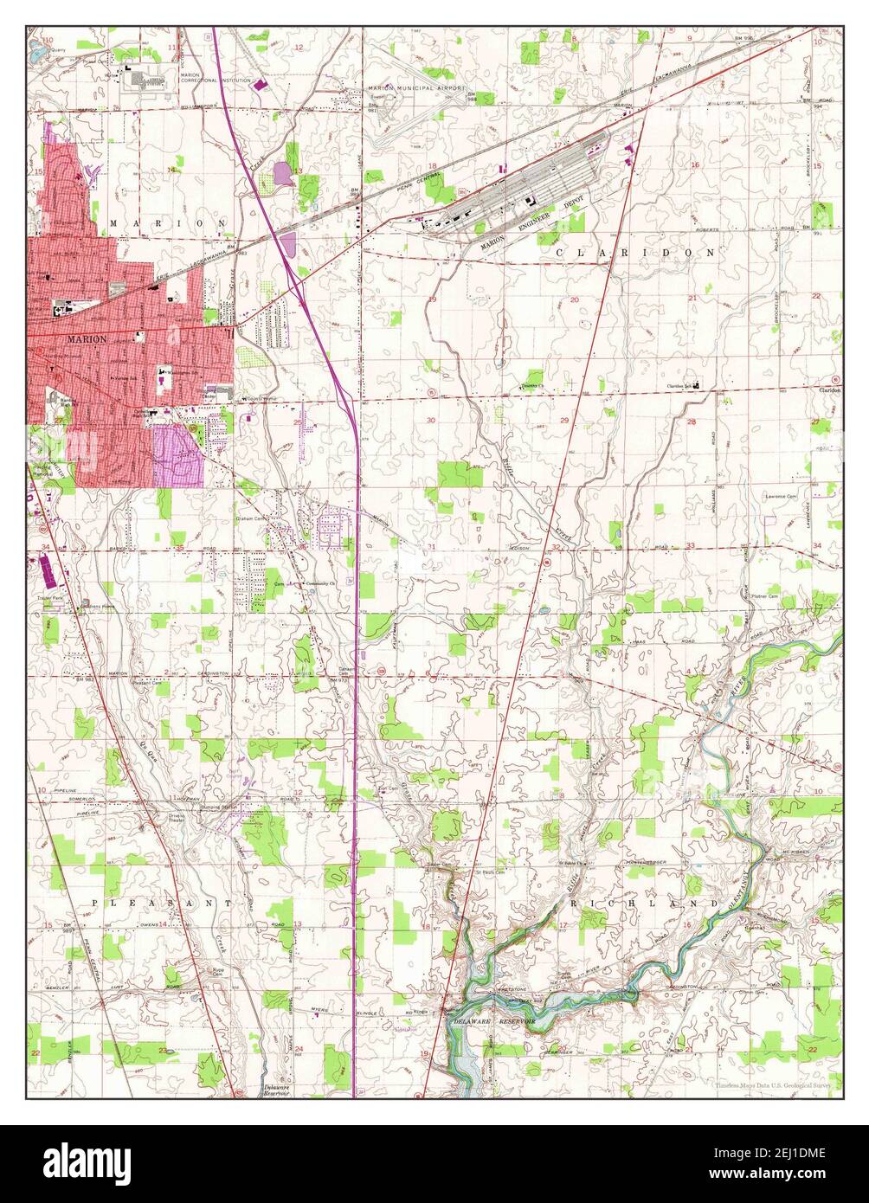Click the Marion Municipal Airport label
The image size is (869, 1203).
(x=416, y=88)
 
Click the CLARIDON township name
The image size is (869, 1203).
(x=636, y=253)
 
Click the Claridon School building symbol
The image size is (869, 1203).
(x=698, y=386)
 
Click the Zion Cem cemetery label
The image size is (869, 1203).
(x=391, y=789)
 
